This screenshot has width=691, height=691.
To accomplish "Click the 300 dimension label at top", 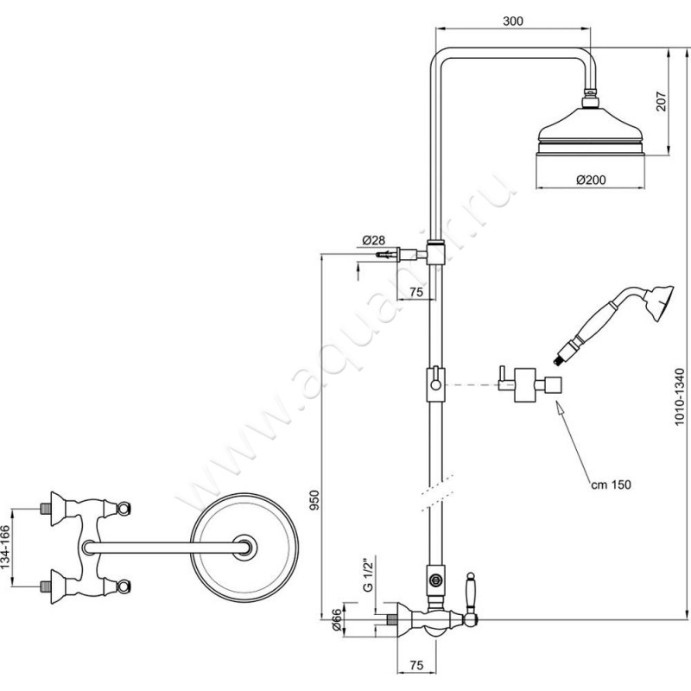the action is (513, 21).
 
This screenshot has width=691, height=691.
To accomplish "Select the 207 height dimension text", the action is (662, 101).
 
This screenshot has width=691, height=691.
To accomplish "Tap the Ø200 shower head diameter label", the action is (591, 180).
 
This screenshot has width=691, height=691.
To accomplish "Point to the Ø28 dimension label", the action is (373, 240).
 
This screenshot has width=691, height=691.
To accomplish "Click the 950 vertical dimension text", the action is (314, 500).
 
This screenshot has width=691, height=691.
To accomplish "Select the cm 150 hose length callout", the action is (611, 485).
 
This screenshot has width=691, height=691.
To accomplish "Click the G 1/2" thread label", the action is (369, 574).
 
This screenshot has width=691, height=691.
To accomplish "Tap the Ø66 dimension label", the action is (336, 620).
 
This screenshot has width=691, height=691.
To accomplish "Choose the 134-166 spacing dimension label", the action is (5, 547).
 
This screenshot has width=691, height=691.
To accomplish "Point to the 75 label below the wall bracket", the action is (416, 292).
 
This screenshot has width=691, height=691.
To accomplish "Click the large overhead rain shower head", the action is (591, 132).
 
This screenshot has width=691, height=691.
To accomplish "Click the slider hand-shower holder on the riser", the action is (435, 384).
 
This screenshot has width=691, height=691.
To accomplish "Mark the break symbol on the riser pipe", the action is (436, 492).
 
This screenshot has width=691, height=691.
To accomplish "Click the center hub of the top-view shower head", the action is (244, 548).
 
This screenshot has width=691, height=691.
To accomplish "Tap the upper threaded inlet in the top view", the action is (44, 509).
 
